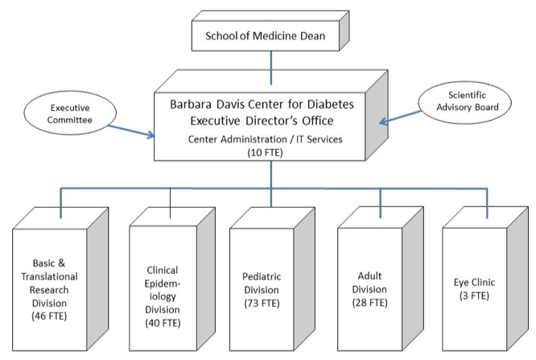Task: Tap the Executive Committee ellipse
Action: (x=70, y=113)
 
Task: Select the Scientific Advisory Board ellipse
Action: (x=465, y=102)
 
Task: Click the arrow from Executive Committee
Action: (x=132, y=131)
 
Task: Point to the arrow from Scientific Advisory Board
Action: (x=401, y=118)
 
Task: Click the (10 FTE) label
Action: (x=266, y=152)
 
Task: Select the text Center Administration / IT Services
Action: (x=266, y=139)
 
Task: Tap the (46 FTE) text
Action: (x=49, y=316)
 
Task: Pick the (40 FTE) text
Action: (x=163, y=323)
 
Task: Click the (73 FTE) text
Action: (x=262, y=303)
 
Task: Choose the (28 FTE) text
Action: (x=370, y=303)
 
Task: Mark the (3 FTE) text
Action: (x=475, y=296)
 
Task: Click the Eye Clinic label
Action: (x=475, y=283)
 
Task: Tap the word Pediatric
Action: (x=262, y=276)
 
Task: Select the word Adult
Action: (x=370, y=275)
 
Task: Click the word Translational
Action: (x=50, y=276)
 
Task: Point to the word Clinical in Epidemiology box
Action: (x=163, y=270)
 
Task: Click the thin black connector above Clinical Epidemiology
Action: (x=171, y=203)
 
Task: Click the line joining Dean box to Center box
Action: (x=271, y=68)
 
